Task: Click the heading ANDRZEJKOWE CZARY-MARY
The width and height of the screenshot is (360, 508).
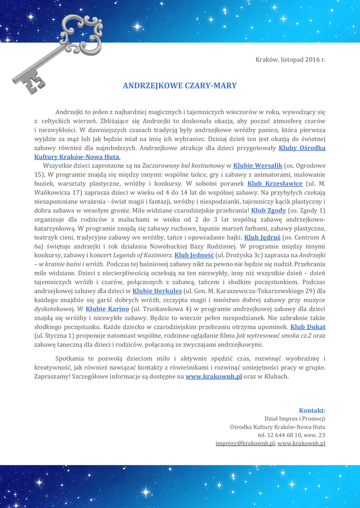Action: click(180, 86)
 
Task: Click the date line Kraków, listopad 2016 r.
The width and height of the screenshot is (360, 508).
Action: click(290, 60)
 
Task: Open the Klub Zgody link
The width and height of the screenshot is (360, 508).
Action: click(269, 210)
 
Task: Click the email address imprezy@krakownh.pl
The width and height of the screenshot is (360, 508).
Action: click(245, 443)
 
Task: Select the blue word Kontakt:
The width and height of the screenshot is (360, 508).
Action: click(312, 410)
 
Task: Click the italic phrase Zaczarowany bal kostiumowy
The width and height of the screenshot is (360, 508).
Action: click(183, 165)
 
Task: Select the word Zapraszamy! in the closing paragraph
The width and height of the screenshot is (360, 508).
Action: click(52, 377)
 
